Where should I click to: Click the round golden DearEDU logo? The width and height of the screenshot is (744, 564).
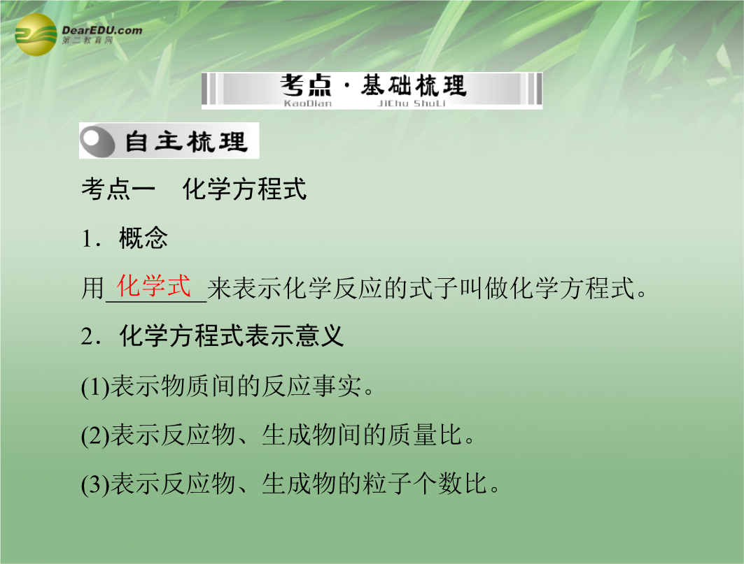coord(36,34)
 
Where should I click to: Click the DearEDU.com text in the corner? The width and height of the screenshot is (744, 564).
coord(102,30)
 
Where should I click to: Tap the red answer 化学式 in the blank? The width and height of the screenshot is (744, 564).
coord(154,286)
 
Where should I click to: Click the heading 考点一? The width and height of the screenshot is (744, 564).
coord(118,189)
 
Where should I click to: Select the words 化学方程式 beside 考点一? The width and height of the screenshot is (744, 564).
coord(244,189)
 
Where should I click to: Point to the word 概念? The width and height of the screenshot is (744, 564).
coord(143,238)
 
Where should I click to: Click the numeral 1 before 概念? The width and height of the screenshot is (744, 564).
coord(87,238)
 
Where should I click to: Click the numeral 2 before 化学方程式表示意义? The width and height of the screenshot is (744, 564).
coord(87,336)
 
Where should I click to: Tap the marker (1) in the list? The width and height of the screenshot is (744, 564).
coord(95,386)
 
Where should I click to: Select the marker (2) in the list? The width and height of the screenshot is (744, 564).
coord(95,436)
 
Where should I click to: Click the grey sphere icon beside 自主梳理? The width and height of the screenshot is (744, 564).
coord(98,140)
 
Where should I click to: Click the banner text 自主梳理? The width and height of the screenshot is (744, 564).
coord(186,141)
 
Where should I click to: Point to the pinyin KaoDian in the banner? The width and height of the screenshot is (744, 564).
coord(307,103)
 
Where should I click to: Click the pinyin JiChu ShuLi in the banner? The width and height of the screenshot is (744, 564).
coord(411,103)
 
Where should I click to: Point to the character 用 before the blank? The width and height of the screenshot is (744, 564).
coord(93,288)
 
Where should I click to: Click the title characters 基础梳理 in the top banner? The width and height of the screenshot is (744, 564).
coord(414,85)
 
